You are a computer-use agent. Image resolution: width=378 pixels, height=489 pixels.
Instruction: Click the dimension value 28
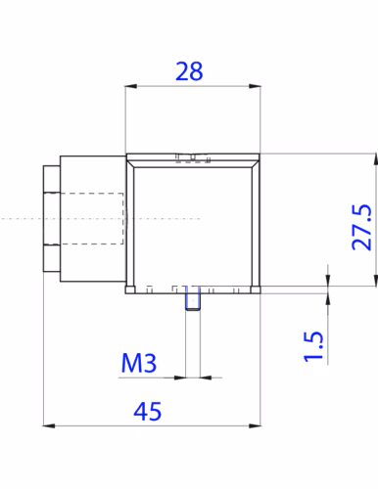point(189,71)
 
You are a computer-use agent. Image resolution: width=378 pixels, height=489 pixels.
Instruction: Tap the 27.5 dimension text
point(361,227)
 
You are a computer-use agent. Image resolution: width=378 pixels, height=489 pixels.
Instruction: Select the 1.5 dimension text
point(313,346)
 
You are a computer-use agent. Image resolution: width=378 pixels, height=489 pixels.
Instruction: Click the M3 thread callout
point(139,363)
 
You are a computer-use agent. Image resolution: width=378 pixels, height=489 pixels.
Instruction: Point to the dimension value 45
point(148,412)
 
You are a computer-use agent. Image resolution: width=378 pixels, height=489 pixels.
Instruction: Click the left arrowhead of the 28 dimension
point(130,86)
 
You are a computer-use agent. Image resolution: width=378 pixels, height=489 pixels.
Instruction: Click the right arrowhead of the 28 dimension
point(255,86)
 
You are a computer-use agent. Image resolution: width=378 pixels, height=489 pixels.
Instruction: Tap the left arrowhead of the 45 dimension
point(49,425)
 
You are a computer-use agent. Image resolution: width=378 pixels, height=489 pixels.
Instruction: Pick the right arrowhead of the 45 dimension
point(255,425)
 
